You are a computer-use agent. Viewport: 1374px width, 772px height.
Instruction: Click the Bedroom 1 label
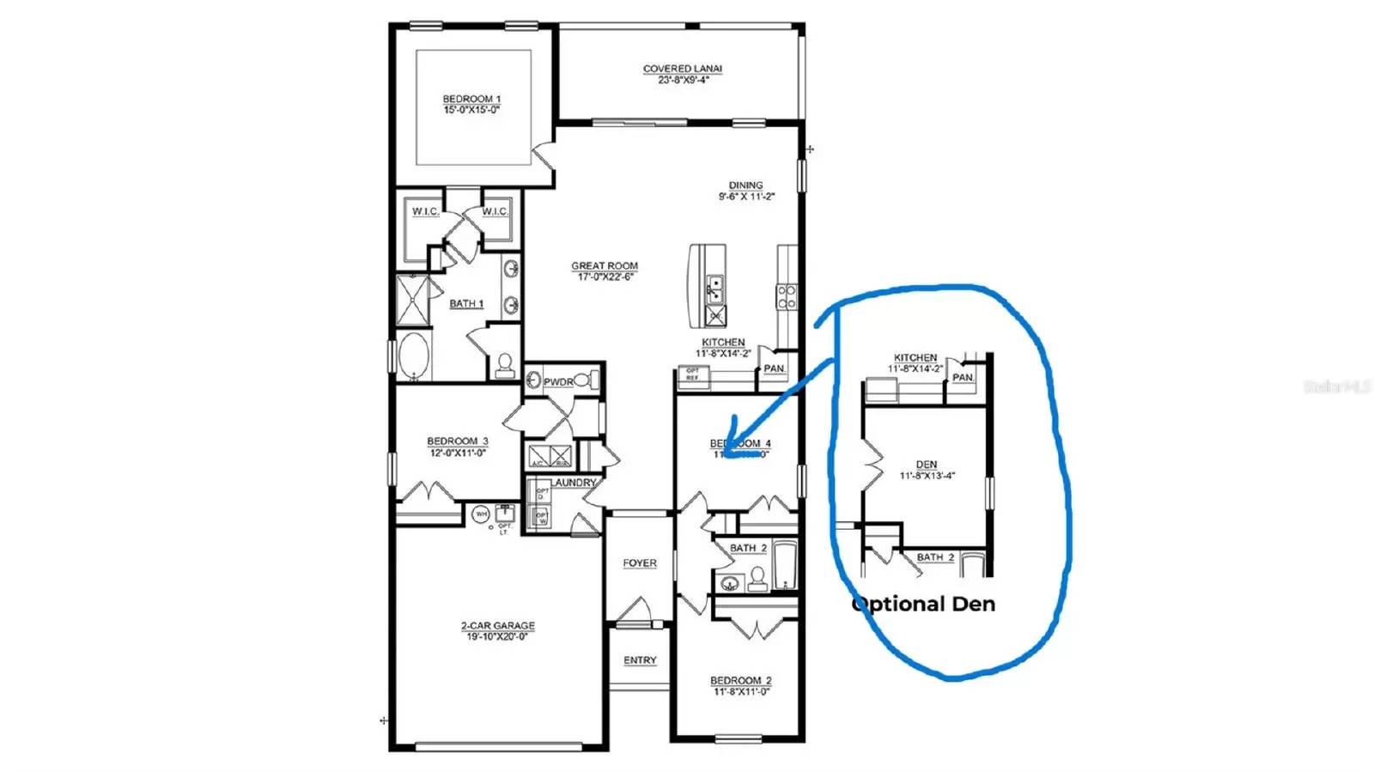471,99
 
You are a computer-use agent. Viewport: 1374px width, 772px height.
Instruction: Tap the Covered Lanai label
683,69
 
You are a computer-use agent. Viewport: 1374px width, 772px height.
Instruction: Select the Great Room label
605,266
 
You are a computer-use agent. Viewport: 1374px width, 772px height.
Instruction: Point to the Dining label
745,185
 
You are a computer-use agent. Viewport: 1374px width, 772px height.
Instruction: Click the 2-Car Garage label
497,626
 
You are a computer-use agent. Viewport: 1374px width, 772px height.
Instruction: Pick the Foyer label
640,563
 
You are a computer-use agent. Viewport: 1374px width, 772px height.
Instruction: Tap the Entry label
640,660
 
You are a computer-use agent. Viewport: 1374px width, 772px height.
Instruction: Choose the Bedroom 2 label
740,681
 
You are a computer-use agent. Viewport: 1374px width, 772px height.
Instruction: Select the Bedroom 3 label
458,441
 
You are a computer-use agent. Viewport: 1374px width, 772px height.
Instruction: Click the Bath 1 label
466,304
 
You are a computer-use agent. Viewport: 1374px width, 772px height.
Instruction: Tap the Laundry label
574,483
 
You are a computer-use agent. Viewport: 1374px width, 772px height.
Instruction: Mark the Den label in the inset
927,465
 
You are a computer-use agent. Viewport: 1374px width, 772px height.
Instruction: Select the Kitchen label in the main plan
723,343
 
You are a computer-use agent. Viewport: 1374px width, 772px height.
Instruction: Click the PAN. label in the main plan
775,368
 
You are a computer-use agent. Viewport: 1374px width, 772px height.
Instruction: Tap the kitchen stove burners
787,297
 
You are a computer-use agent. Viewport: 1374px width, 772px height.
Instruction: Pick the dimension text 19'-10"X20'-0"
497,637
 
